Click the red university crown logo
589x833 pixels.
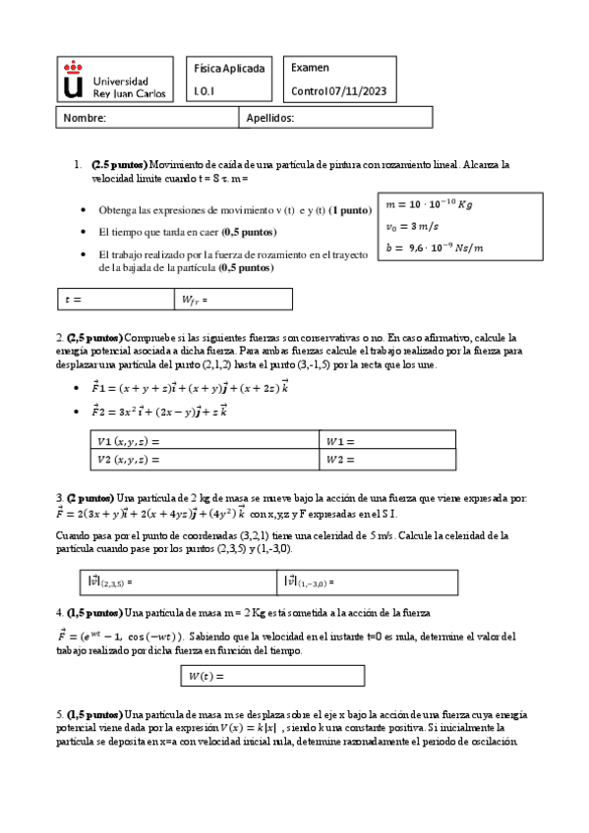click(74, 80)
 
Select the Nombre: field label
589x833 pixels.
click(85, 118)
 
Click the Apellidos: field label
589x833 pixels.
click(268, 118)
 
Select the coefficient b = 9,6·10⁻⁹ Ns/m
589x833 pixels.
click(436, 248)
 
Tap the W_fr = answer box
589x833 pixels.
click(233, 299)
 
